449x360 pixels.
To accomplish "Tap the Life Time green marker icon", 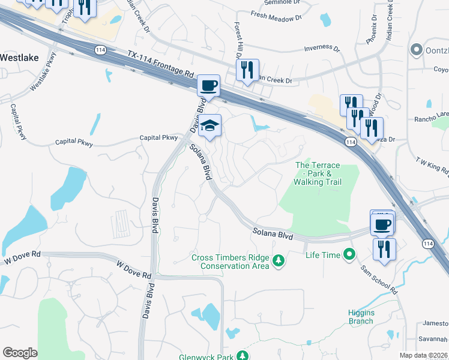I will tap(349, 256).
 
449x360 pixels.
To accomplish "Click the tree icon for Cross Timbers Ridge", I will tap(278, 260).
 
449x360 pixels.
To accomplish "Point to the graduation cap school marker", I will tap(210, 125).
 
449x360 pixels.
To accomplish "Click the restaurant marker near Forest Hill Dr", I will tap(247, 70).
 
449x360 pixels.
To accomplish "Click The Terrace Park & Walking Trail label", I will tap(318, 173).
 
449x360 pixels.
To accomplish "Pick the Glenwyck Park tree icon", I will tap(242, 356).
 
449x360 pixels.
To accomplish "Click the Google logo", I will tap(20, 353).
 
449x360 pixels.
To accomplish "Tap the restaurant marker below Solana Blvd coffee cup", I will tap(384, 248).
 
